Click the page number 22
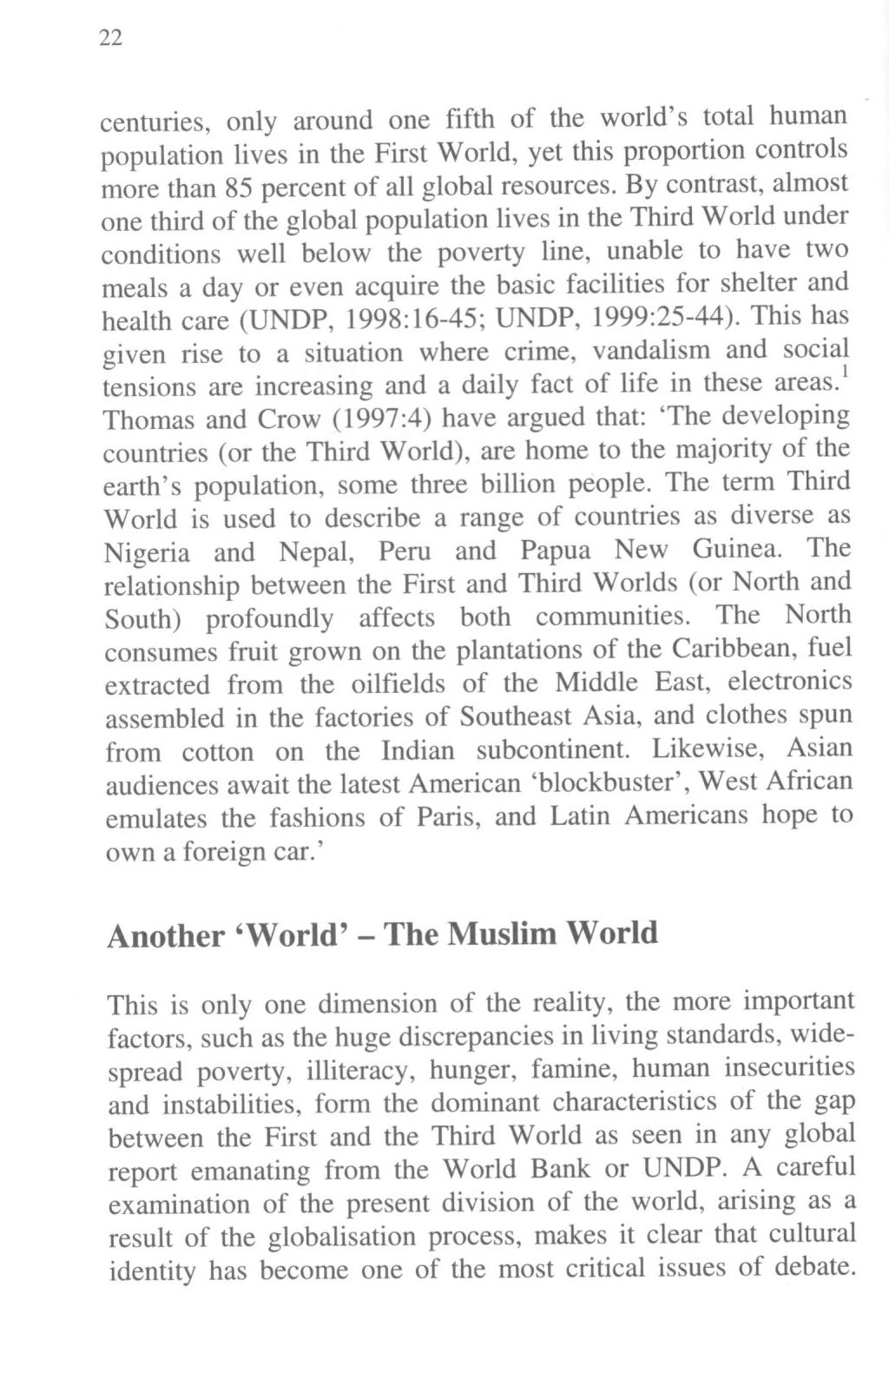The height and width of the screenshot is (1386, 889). click(112, 38)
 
